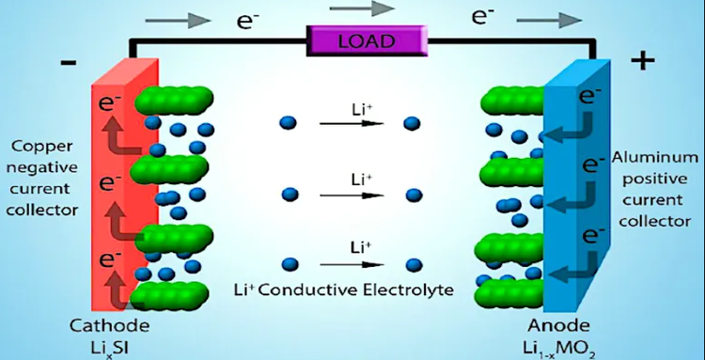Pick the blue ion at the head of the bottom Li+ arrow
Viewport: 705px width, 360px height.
pos(411,266)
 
